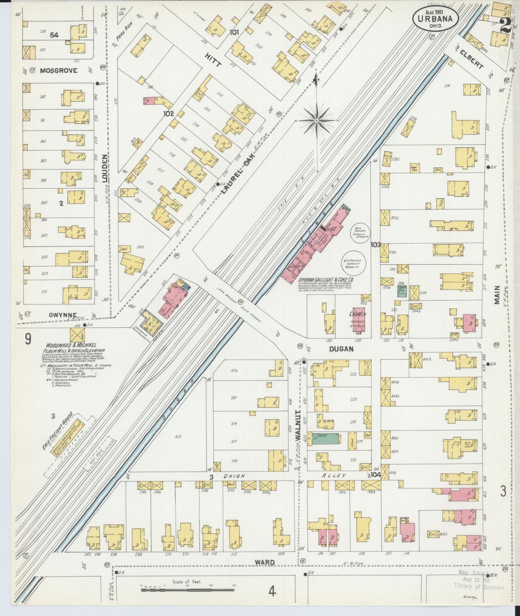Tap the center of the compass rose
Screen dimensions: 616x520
click(x=317, y=121)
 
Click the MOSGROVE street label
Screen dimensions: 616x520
click(x=58, y=71)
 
